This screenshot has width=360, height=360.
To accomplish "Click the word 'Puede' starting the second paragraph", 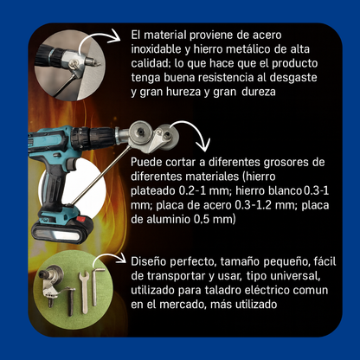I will pyautogui.click(x=147, y=163).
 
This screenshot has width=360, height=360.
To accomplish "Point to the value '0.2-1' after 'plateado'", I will pyautogui.click(x=190, y=191).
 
